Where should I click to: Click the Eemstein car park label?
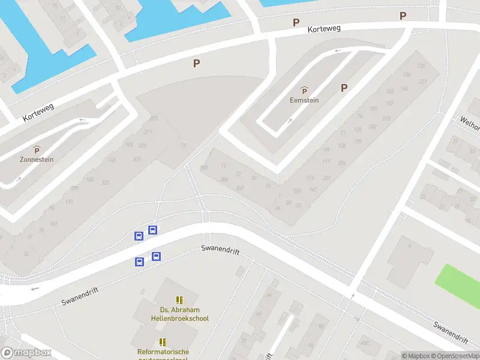304,100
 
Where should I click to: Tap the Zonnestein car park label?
37,160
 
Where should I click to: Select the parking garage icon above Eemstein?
304,91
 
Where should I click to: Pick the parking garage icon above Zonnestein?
37,149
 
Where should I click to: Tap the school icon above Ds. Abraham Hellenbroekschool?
179,299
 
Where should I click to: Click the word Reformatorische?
163,352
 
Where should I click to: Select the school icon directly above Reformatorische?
163,342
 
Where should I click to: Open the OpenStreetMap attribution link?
454,356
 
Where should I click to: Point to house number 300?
204,167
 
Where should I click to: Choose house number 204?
342,163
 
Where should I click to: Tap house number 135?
421,66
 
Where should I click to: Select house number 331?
137,158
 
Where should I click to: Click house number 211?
148,132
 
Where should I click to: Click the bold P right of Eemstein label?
344,88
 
